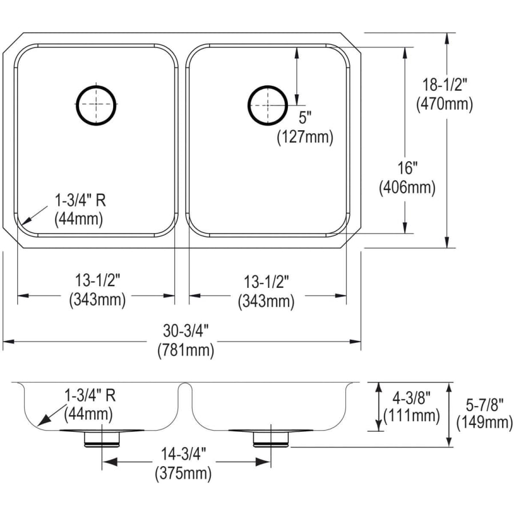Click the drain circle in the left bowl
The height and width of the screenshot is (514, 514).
tap(77, 106)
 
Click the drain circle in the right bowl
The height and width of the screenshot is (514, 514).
tap(248, 106)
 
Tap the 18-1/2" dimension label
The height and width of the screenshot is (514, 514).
tap(444, 85)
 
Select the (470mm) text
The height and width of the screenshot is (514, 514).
tap(444, 105)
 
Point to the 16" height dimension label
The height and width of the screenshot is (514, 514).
tap(407, 168)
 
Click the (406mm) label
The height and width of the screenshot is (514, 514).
tap(407, 187)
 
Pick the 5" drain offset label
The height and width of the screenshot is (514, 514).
tap(305, 118)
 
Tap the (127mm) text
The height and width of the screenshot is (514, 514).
tap(305, 136)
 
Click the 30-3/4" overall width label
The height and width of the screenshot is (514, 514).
tap(186, 331)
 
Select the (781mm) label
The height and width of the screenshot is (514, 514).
tap(186, 350)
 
